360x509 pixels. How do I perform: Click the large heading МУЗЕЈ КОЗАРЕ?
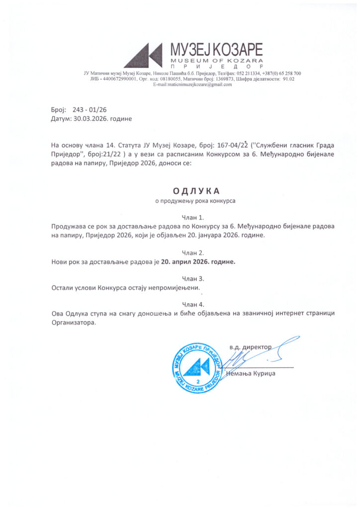[216, 50]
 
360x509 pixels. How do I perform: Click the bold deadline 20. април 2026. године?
[198, 262]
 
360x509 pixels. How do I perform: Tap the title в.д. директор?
[251, 346]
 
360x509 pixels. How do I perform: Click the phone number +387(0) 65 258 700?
[280, 74]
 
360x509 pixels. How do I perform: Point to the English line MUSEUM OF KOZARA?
[216, 61]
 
